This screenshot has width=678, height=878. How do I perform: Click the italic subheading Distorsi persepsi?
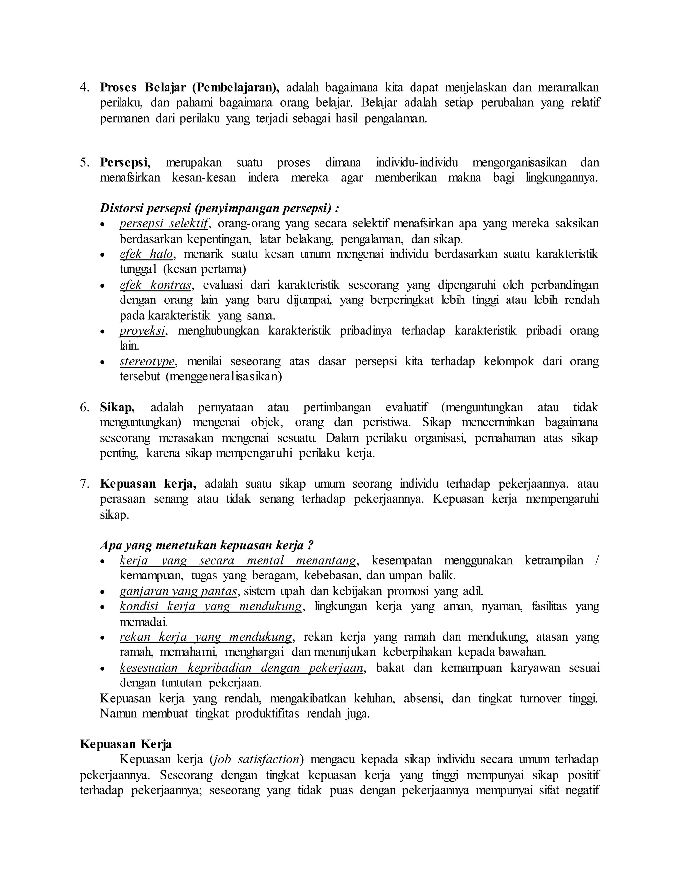click(x=219, y=208)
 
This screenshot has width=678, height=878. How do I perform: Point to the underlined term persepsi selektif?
click(x=164, y=224)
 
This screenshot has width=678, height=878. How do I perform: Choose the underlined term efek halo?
click(x=146, y=254)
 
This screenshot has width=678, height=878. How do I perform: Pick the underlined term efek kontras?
click(x=156, y=285)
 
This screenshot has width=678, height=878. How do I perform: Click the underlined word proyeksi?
click(x=142, y=331)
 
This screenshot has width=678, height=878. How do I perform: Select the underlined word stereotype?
click(x=147, y=361)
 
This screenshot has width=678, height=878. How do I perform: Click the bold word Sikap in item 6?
click(x=117, y=407)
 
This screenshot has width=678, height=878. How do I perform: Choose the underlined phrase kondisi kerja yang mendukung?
click(x=211, y=606)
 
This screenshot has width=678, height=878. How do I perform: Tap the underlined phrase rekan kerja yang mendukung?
click(x=206, y=637)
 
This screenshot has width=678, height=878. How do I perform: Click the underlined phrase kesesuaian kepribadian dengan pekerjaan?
click(x=241, y=668)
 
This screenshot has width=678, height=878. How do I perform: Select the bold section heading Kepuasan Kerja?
click(x=126, y=744)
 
